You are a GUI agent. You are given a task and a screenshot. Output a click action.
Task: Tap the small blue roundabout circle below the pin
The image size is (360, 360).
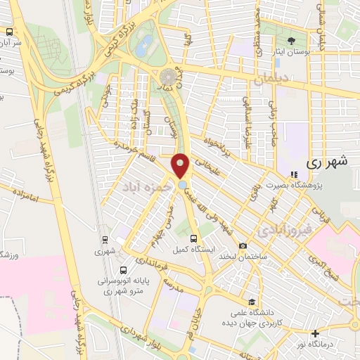pos(183,185)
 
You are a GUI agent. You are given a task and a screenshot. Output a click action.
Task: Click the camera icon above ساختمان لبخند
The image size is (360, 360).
pos(243,246)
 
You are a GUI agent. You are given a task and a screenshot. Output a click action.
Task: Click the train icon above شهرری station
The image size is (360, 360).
pos(104,239)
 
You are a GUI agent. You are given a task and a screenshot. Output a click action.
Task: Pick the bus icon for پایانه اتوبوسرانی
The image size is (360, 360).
pos(124,269)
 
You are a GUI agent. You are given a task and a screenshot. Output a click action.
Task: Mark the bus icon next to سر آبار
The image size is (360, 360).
pos(10,32)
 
